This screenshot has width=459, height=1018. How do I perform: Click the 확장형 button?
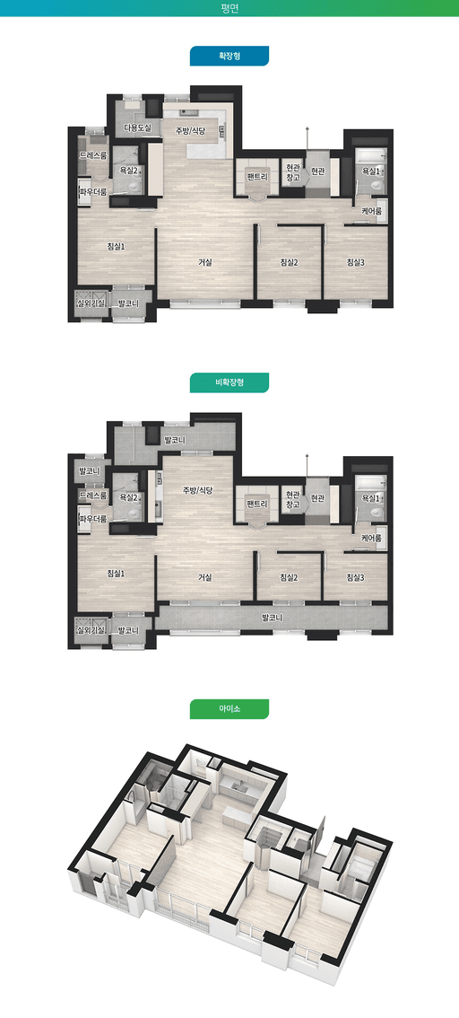pyautogui.click(x=229, y=56)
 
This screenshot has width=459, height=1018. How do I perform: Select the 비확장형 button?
pyautogui.click(x=229, y=382)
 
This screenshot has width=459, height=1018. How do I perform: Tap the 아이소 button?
pyautogui.click(x=229, y=709)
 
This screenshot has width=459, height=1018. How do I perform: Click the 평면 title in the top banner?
pyautogui.click(x=229, y=8)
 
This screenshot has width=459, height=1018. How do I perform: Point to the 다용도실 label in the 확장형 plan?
pyautogui.click(x=137, y=127)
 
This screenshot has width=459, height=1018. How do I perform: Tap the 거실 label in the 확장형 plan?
pyautogui.click(x=205, y=262)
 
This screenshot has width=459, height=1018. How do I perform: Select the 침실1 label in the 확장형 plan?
pyautogui.click(x=116, y=246)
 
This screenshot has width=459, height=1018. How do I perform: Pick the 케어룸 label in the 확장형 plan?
pyautogui.click(x=371, y=211)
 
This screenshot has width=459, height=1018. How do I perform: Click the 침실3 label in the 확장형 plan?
pyautogui.click(x=355, y=262)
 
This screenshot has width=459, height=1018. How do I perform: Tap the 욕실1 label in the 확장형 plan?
pyautogui.click(x=371, y=171)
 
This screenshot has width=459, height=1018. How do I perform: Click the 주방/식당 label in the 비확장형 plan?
pyautogui.click(x=198, y=489)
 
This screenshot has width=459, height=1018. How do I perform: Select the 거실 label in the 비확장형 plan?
pyautogui.click(x=205, y=576)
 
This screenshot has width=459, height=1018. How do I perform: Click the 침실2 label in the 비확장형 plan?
pyautogui.click(x=289, y=577)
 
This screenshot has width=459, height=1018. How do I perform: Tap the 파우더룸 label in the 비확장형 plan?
pyautogui.click(x=92, y=519)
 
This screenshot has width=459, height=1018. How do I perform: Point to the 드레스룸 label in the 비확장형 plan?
pyautogui.click(x=92, y=496)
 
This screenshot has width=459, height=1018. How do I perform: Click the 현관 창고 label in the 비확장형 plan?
pyautogui.click(x=294, y=499)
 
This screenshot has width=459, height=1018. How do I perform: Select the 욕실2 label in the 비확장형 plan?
pyautogui.click(x=129, y=497)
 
